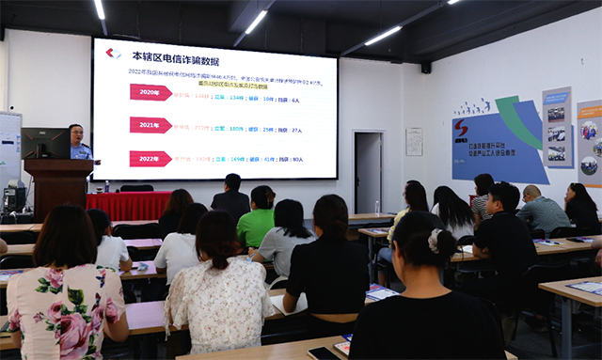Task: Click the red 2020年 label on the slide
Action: [150, 92]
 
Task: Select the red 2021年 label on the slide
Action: [150, 125]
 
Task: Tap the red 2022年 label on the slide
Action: [150, 159]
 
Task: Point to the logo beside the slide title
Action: [114, 54]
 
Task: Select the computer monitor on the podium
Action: [45, 143]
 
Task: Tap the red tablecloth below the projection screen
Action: [128, 204]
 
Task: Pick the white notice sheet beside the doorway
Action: [414, 142]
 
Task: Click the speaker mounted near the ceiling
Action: [426, 68]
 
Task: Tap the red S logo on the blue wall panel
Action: [461, 128]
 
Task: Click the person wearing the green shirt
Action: [256, 222]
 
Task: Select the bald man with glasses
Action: [540, 211]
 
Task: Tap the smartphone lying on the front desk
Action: [323, 353]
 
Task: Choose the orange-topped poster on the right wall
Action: [589, 141]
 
